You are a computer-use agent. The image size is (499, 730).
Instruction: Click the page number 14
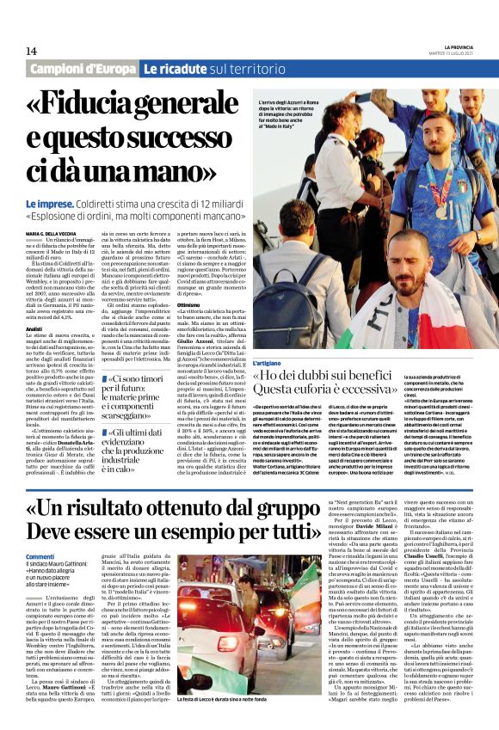point(31,52)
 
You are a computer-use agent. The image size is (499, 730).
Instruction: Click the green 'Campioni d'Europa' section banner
point(82,68)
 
